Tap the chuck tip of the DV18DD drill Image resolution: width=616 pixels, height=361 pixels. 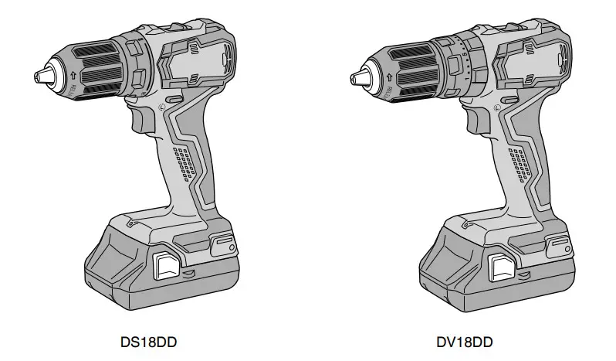pos(358,77)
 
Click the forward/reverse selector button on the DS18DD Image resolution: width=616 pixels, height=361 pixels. pos(174,100)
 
